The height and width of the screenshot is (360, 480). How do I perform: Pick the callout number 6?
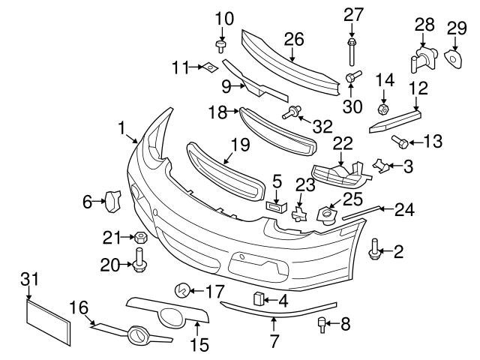(88, 200)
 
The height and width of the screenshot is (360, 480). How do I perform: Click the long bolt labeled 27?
(352, 48)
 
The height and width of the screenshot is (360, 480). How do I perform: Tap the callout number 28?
(424, 25)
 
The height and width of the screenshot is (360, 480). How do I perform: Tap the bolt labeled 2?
(373, 247)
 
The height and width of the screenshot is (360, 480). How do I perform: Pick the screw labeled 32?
(288, 114)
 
